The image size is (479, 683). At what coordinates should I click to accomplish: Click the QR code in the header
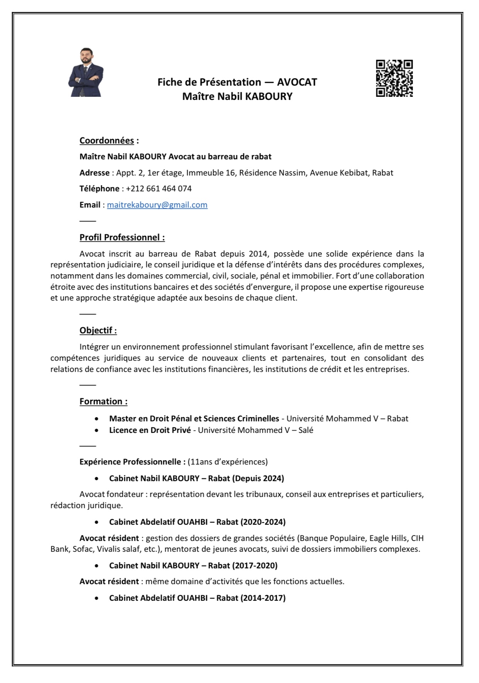pos(394,78)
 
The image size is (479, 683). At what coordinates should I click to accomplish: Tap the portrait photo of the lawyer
pos(86,73)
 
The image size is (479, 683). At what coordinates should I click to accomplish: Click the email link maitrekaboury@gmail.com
pos(157,205)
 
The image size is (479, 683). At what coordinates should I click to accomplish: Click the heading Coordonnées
pos(107,140)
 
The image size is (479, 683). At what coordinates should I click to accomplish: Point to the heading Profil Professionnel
pos(122,237)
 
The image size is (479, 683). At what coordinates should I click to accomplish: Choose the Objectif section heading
pos(98,330)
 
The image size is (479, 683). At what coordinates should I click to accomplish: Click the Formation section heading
pos(103,401)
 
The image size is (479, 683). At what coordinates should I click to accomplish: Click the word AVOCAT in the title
pos(297,82)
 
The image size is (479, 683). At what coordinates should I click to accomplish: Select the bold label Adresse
pos(94,173)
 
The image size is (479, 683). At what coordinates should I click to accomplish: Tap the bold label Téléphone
pos(99,189)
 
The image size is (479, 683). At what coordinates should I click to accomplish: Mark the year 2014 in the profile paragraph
pos(258,254)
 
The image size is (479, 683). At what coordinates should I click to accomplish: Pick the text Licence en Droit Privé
pos(150,430)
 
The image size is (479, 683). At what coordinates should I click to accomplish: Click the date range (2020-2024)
pos(263,522)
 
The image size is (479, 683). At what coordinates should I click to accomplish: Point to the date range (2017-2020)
pos(255,566)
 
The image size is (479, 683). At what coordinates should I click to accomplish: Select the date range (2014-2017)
pos(263,598)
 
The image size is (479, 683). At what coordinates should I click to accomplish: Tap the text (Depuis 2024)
pos(258,478)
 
